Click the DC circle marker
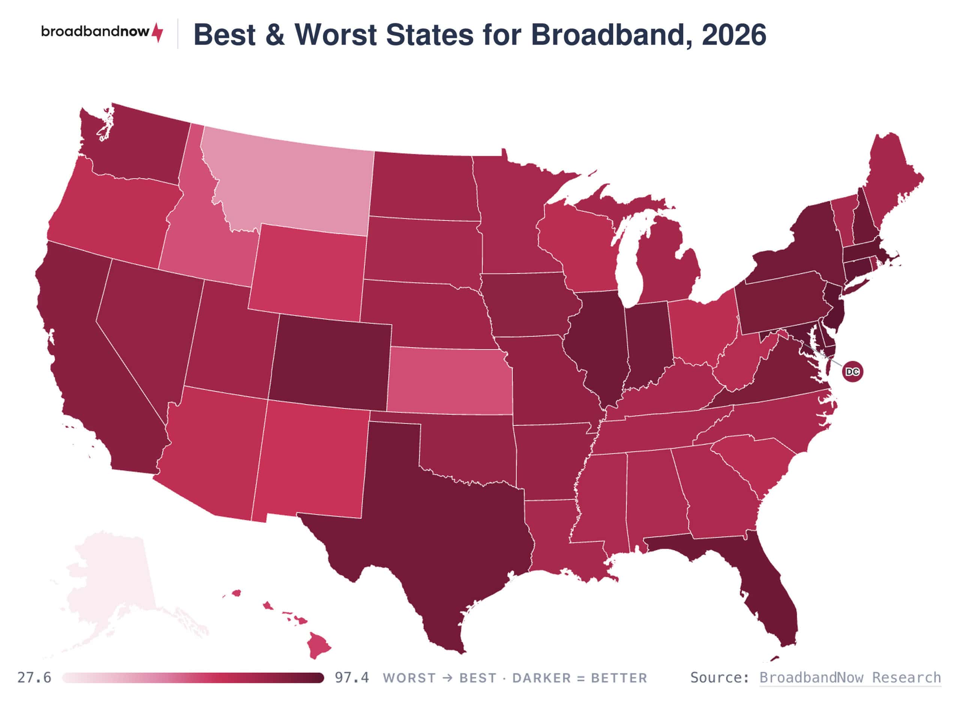(852, 371)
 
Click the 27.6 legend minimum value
(34, 677)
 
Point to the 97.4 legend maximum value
(352, 677)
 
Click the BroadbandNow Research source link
(850, 677)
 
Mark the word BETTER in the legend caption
(619, 678)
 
